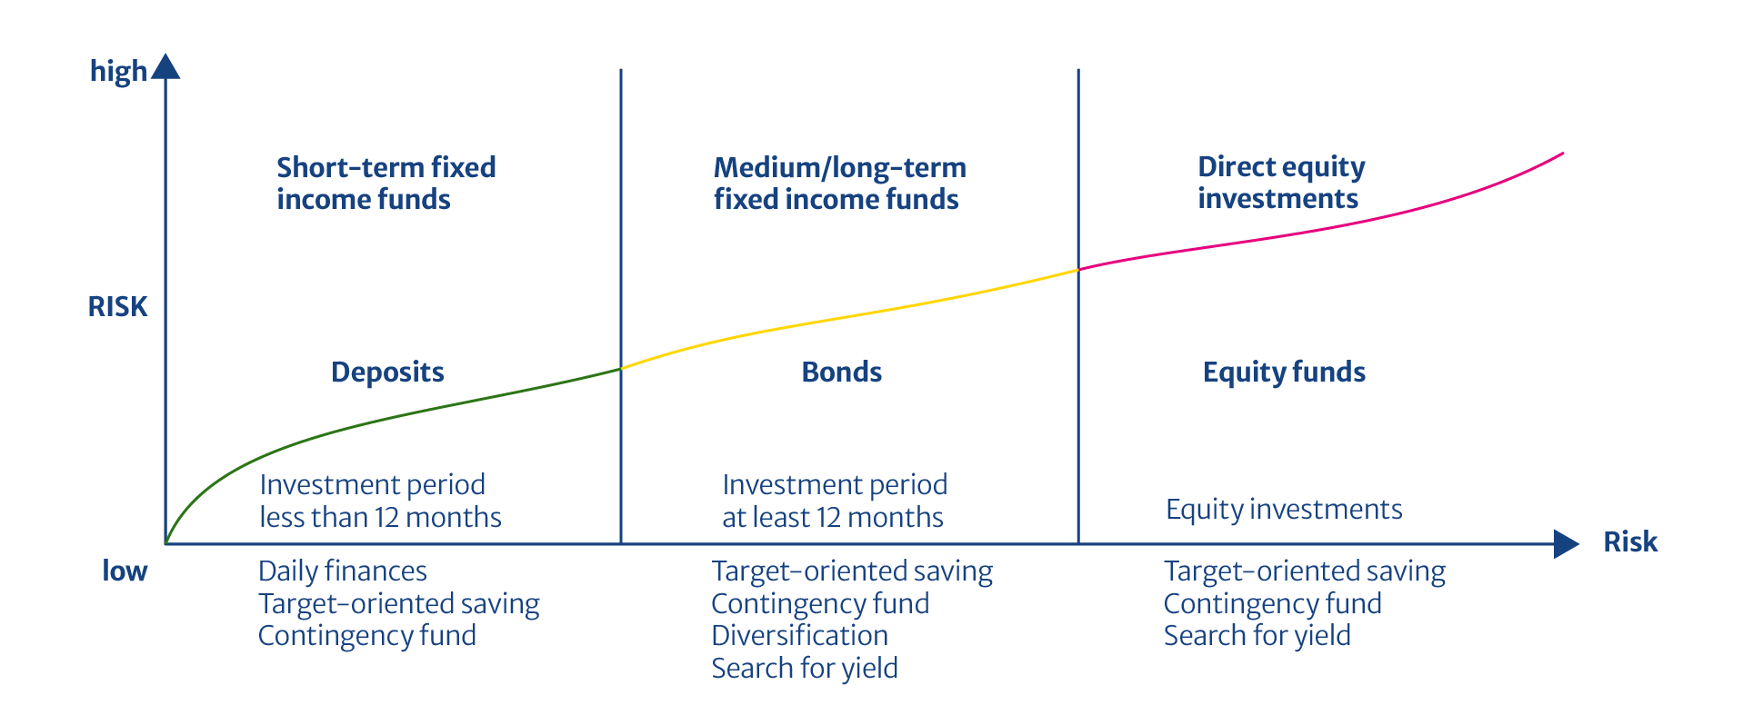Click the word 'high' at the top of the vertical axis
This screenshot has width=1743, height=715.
pyautogui.click(x=118, y=71)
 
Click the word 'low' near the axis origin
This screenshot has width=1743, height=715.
pyautogui.click(x=125, y=571)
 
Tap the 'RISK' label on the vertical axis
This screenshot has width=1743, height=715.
pyautogui.click(x=117, y=306)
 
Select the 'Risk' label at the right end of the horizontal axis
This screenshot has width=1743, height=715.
pyautogui.click(x=1630, y=542)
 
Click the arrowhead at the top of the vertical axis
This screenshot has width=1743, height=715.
pyautogui.click(x=165, y=66)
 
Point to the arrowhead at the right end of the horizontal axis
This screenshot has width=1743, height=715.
pyautogui.click(x=1566, y=544)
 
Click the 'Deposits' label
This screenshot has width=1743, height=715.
pyautogui.click(x=387, y=372)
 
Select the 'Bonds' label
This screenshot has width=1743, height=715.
pyautogui.click(x=842, y=372)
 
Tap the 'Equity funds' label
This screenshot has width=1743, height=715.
pyautogui.click(x=1284, y=372)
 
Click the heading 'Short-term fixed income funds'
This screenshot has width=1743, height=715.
pyautogui.click(x=386, y=183)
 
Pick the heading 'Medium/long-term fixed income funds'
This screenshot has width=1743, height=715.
pyautogui.click(x=839, y=183)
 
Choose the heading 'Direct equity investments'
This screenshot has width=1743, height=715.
pyautogui.click(x=1281, y=183)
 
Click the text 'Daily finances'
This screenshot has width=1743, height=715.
pyautogui.click(x=343, y=571)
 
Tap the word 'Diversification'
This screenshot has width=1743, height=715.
pyautogui.click(x=799, y=635)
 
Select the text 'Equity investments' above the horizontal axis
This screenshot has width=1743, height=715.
pyautogui.click(x=1284, y=510)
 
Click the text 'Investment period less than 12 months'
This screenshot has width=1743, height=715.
pyautogui.click(x=380, y=501)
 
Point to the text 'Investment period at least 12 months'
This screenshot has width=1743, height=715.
pyautogui.click(x=835, y=501)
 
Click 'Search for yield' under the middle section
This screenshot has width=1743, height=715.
pyautogui.click(x=805, y=669)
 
